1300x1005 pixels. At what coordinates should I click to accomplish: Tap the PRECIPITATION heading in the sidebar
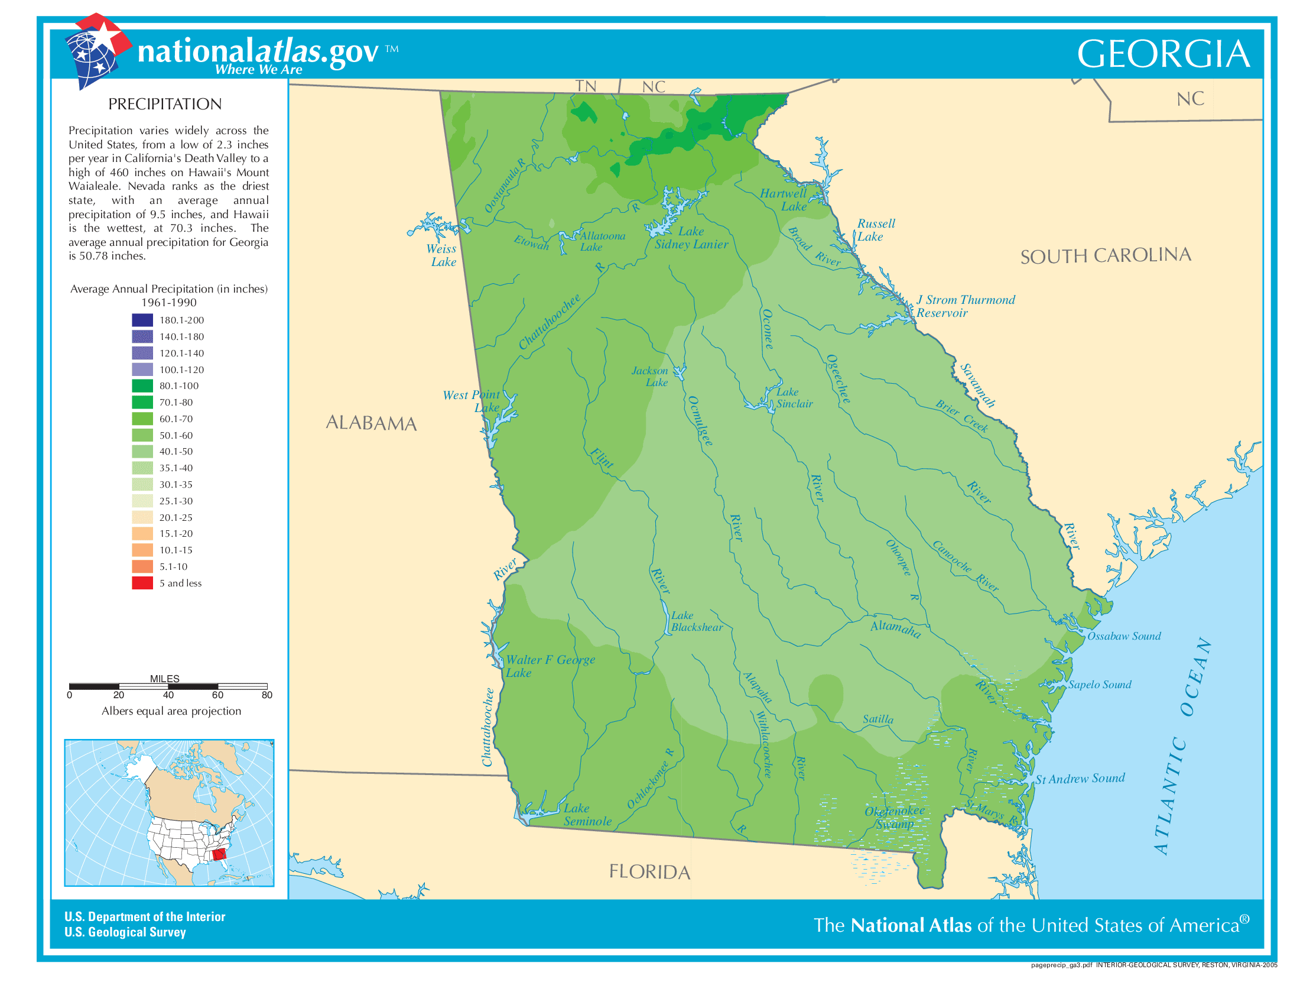pos(165,104)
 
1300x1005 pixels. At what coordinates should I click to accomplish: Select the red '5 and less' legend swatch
pos(142,583)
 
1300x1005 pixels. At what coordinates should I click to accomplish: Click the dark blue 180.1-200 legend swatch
pos(142,320)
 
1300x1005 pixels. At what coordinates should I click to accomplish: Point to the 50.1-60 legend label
pos(175,435)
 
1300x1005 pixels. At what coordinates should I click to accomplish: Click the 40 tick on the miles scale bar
pos(168,695)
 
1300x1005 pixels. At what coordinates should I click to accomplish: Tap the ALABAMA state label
pos(371,423)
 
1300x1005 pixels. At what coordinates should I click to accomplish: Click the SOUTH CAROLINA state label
pos(1105,255)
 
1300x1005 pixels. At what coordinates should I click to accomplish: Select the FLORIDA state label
pos(649,871)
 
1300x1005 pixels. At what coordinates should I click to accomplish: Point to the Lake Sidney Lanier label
pos(691,238)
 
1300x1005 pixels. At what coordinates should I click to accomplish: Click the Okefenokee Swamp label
pos(895,818)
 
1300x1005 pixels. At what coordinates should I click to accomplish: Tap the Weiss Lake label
pos(441,255)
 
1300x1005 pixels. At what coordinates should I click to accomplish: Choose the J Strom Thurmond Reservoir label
pos(964,306)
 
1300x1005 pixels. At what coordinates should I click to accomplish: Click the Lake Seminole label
pos(586,815)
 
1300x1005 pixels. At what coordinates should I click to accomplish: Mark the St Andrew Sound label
pos(1080,779)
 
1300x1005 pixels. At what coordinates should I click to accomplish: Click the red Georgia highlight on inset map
pos(219,855)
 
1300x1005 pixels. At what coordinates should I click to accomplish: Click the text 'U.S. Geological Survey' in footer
pos(125,932)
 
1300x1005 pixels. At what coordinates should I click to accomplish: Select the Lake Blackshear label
pos(696,621)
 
